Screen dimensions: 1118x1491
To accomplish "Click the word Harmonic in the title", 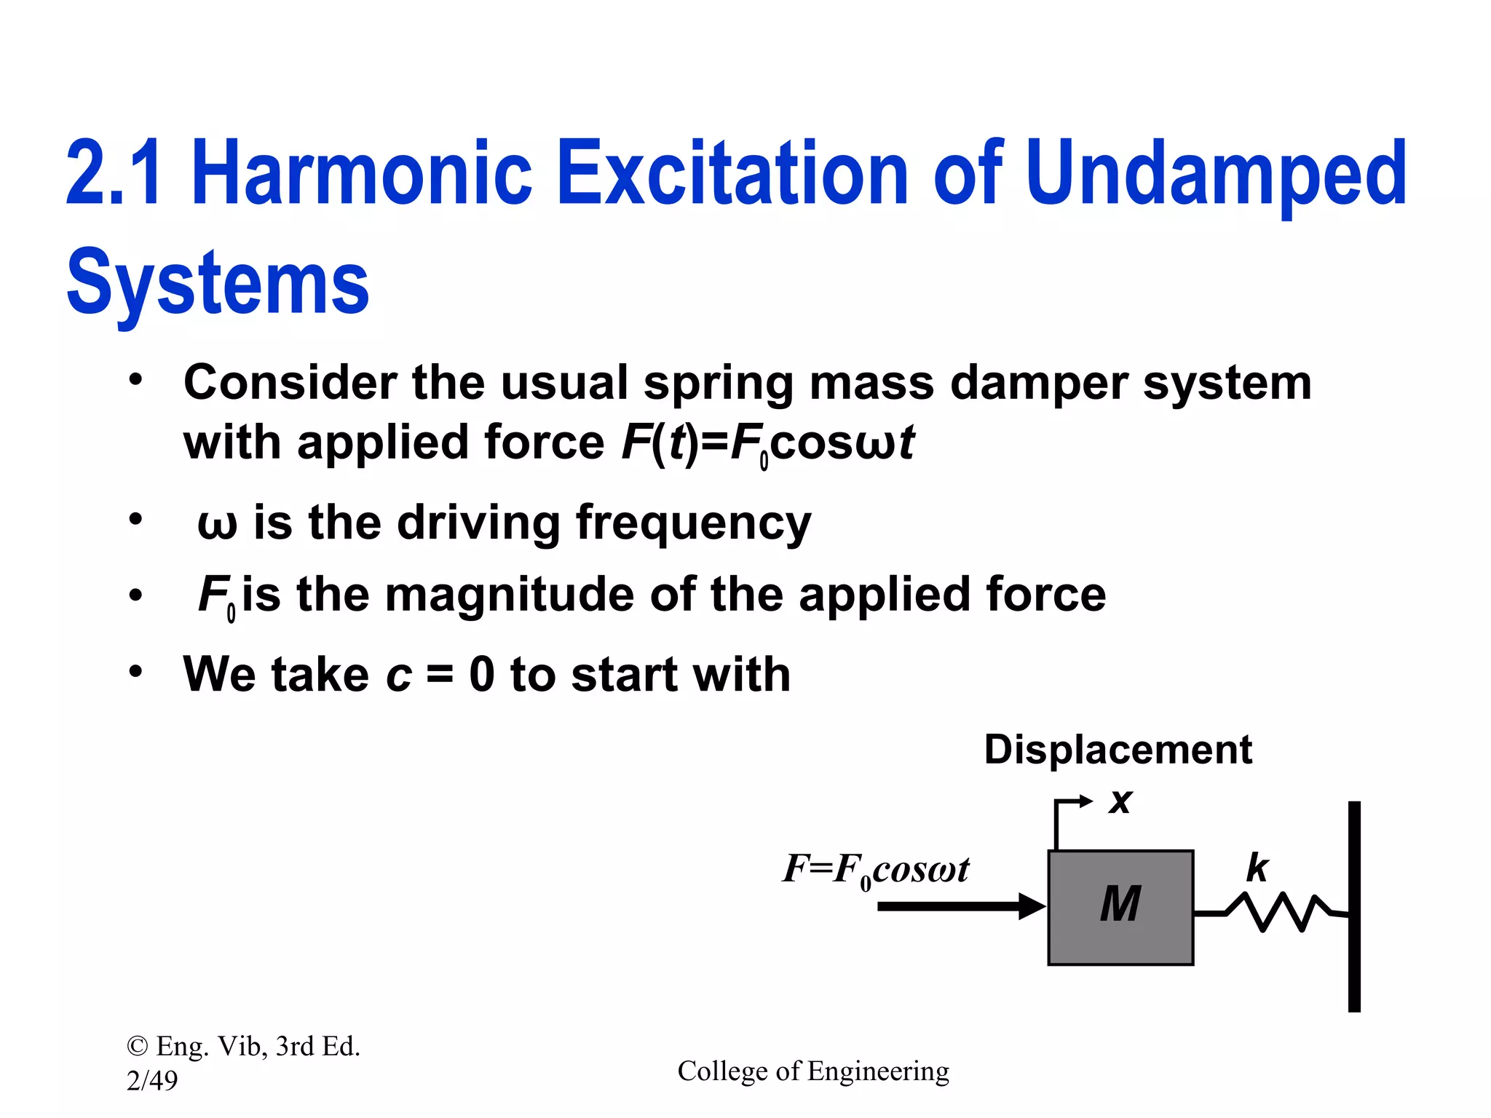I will [362, 173].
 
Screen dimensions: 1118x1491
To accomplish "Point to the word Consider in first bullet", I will [289, 383].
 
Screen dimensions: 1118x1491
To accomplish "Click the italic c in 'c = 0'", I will [399, 675].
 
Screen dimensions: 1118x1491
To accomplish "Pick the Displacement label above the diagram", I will [1118, 750].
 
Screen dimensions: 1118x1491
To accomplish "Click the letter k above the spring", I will [1257, 868].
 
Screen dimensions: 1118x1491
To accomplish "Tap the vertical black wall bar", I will [1354, 906].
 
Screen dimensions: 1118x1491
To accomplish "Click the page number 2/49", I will [152, 1081].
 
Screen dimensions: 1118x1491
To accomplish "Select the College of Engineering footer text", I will [813, 1071].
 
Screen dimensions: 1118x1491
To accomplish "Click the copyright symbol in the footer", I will [137, 1047].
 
